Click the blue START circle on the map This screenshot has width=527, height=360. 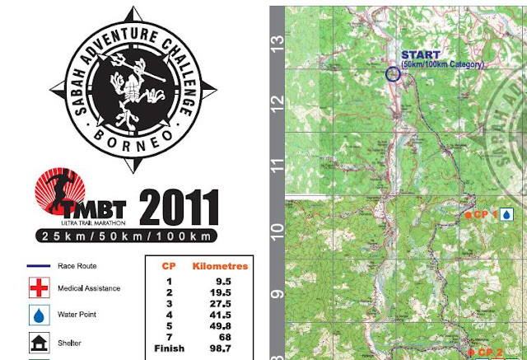(x=393, y=73)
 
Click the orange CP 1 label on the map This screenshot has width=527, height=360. (x=480, y=214)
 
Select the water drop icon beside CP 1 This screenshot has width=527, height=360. (x=506, y=214)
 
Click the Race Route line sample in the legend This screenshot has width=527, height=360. (x=40, y=267)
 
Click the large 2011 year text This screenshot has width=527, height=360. (x=179, y=209)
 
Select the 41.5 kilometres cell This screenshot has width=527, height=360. (x=217, y=315)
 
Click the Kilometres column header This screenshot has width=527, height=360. (x=219, y=267)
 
